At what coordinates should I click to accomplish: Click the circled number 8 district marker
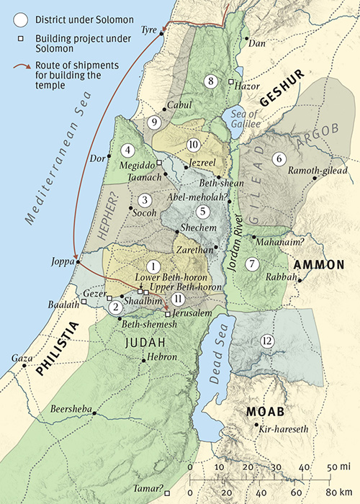point(210,81)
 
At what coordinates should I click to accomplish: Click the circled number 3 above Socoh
point(146,200)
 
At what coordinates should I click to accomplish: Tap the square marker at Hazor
point(231,82)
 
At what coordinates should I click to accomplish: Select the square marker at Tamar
point(167,493)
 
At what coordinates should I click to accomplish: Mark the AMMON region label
point(318,264)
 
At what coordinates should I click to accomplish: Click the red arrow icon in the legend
point(22,70)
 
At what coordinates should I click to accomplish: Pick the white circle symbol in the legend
point(22,17)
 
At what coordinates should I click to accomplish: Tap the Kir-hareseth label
point(284,429)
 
